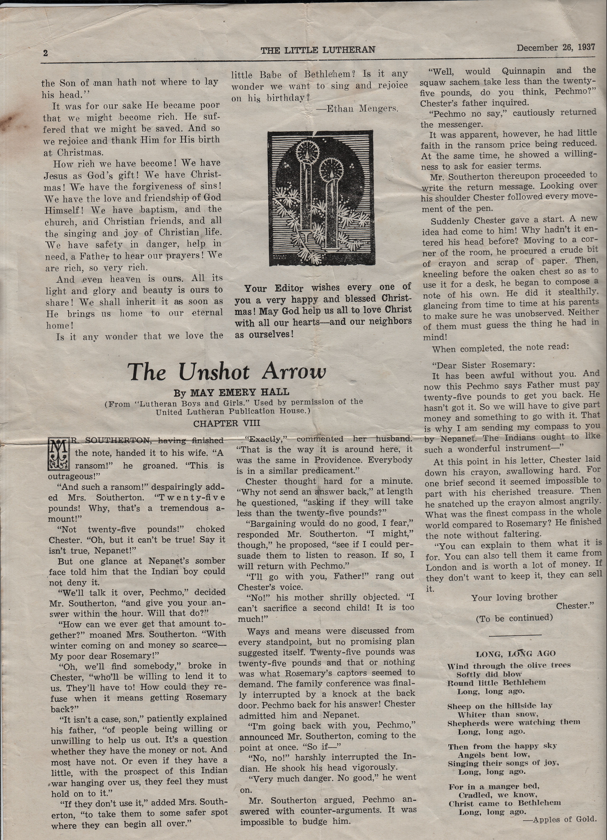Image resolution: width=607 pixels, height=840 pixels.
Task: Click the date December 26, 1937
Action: (556, 47)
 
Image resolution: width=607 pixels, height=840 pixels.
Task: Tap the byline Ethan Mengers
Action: (357, 109)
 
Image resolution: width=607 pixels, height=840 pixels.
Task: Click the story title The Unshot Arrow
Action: (227, 372)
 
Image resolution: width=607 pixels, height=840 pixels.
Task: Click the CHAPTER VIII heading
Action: (227, 423)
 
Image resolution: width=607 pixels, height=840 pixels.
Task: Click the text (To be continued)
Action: (514, 618)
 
